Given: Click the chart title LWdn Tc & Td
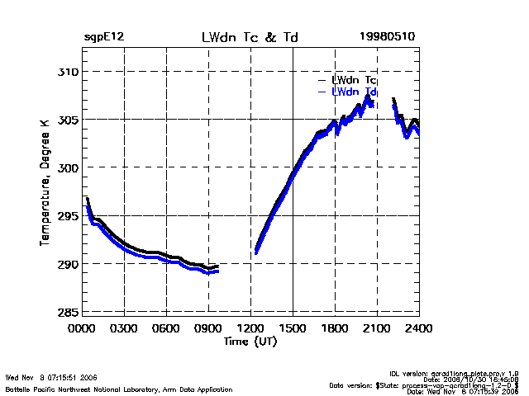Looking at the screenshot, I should [x=250, y=38].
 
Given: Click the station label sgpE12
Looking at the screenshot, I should [x=103, y=38].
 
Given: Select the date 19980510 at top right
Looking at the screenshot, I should [x=387, y=38].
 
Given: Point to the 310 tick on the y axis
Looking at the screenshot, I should [x=66, y=72].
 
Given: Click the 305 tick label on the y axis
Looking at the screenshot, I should [x=66, y=120].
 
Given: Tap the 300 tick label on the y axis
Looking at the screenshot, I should [x=66, y=167].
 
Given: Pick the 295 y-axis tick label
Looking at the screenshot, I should [x=66, y=216].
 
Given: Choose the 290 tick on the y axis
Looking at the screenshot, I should [x=66, y=264].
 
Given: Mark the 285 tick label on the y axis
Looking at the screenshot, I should [x=66, y=312].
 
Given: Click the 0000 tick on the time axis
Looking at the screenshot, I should [x=82, y=328].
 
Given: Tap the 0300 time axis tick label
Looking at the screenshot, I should [x=124, y=328].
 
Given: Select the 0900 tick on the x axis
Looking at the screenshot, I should [x=208, y=328].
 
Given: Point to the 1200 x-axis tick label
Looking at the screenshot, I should [x=250, y=328].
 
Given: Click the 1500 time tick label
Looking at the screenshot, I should [x=293, y=328].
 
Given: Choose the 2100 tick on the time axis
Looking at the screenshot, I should [x=377, y=328].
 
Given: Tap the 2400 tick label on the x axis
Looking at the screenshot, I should [x=419, y=328].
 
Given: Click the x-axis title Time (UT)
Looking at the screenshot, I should [x=250, y=341].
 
